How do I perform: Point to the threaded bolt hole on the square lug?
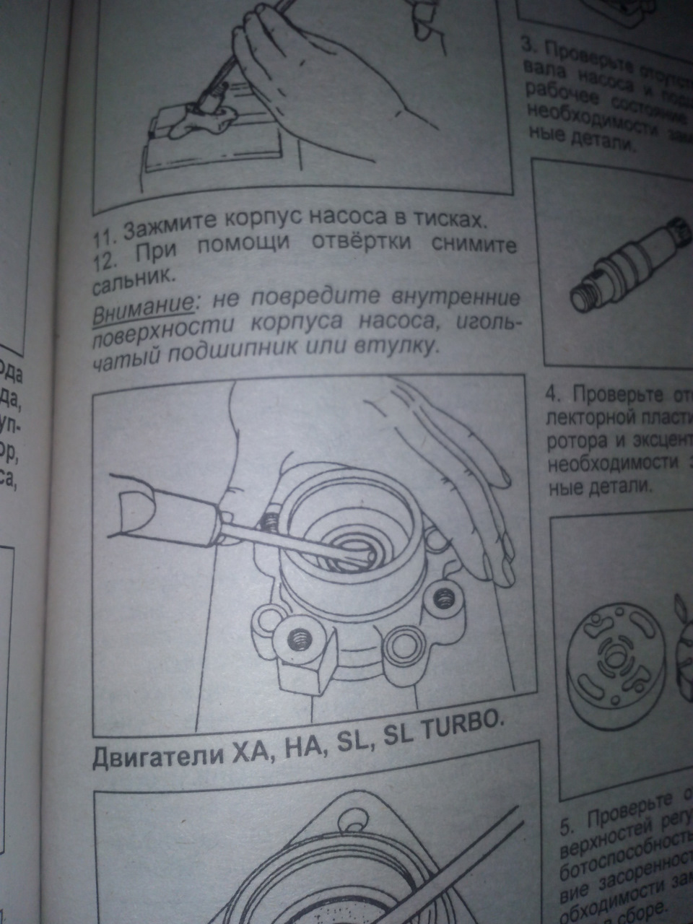coord(297,639)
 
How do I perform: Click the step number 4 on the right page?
coord(552,396)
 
